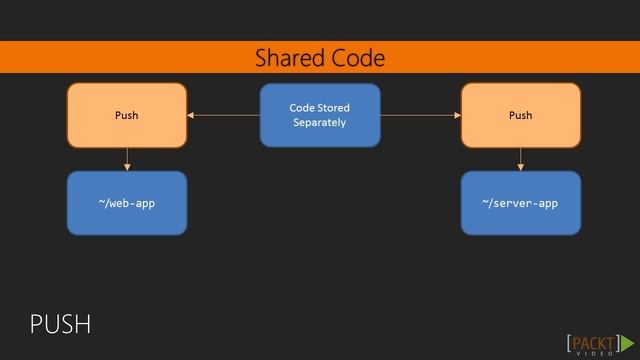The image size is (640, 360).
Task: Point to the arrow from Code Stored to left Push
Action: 223,116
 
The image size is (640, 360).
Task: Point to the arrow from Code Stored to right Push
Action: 420,116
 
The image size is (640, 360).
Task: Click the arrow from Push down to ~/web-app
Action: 127,160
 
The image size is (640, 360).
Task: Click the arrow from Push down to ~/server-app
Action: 520,160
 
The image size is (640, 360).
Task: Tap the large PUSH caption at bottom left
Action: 60,324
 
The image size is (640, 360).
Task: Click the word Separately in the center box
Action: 320,123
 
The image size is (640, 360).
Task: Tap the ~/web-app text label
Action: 127,203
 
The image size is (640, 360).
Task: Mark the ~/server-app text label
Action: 520,203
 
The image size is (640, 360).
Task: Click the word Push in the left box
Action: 127,115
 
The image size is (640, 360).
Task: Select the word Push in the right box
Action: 520,115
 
